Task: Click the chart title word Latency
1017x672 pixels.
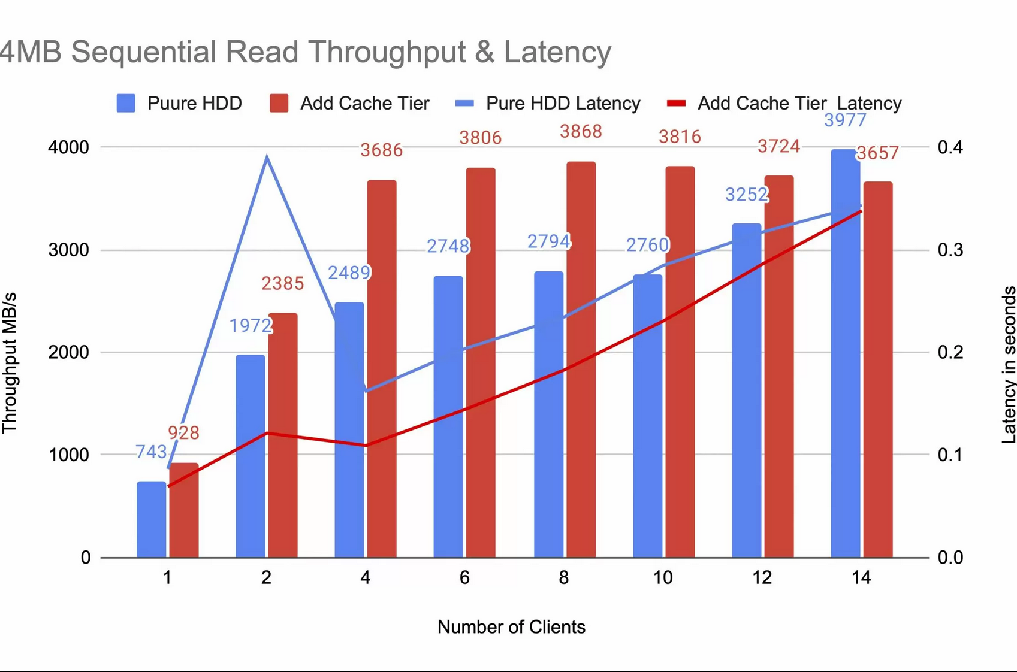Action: [557, 52]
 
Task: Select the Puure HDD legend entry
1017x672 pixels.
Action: [179, 104]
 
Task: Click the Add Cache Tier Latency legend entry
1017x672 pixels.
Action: [784, 104]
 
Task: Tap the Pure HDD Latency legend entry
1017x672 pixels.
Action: [548, 104]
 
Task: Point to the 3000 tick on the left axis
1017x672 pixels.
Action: [68, 250]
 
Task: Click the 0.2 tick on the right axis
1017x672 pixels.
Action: [950, 352]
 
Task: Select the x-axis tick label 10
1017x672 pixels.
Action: [662, 578]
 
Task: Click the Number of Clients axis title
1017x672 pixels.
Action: [511, 627]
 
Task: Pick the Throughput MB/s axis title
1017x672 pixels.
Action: [10, 363]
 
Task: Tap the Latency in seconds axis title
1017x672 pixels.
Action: [1009, 365]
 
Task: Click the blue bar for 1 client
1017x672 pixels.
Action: [151, 519]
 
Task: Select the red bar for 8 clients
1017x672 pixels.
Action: [581, 359]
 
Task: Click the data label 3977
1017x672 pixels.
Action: [844, 120]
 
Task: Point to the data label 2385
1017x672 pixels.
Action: [282, 283]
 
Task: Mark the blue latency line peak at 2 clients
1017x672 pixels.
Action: [267, 157]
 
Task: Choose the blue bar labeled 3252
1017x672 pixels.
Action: [746, 389]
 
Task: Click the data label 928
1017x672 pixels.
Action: [183, 432]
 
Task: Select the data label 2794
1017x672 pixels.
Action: [548, 241]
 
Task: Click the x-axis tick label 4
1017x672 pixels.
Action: [365, 578]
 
